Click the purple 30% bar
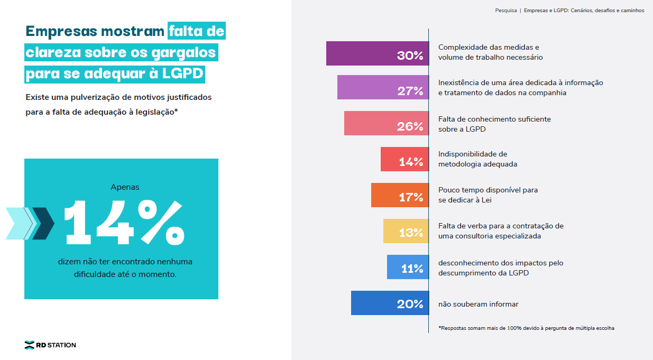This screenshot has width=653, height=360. pyautogui.click(x=377, y=53)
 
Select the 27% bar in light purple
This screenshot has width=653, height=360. pyautogui.click(x=383, y=87)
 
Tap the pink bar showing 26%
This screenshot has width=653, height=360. pyautogui.click(x=386, y=123)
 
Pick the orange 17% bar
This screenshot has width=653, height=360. pyautogui.click(x=399, y=195)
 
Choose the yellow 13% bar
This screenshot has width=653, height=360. pyautogui.click(x=406, y=231)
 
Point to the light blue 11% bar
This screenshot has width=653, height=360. pyautogui.click(x=407, y=267)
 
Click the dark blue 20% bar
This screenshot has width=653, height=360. pyautogui.click(x=390, y=303)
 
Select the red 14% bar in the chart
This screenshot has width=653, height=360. pyautogui.click(x=404, y=159)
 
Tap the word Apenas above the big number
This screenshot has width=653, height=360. pyautogui.click(x=125, y=187)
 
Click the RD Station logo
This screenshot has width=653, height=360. pyautogui.click(x=50, y=345)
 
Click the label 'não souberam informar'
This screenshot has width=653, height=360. pyautogui.click(x=478, y=304)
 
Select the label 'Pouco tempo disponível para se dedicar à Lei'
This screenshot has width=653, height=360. pyautogui.click(x=488, y=195)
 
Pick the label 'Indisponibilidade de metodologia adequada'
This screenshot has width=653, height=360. pyautogui.click(x=477, y=159)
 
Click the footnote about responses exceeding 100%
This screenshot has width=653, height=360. pyautogui.click(x=526, y=328)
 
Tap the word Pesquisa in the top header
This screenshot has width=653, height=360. pyautogui.click(x=506, y=10)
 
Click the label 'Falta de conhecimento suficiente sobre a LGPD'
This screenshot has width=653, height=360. pyautogui.click(x=494, y=124)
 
